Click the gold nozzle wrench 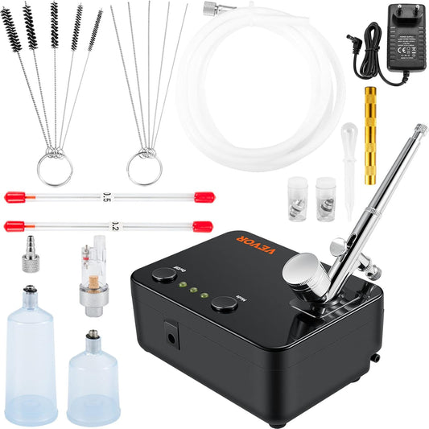coord(373,120)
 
